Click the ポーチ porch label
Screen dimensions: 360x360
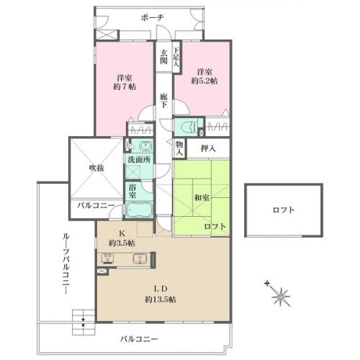[x=152, y=17]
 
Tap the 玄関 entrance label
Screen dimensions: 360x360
[x=163, y=57]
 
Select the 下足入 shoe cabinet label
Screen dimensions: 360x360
[x=176, y=57]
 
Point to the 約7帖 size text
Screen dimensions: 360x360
[x=125, y=86]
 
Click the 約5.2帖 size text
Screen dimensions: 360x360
[x=204, y=81]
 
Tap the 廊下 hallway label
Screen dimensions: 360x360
[x=163, y=101]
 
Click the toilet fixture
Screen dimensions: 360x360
[x=189, y=126]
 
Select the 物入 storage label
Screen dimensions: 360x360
[x=179, y=148]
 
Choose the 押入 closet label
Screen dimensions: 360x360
[x=208, y=148]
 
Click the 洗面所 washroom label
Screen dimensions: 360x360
[x=139, y=159]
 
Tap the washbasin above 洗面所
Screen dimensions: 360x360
[x=144, y=145]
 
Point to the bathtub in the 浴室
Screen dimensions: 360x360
[x=139, y=210]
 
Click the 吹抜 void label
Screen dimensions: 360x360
[x=96, y=168]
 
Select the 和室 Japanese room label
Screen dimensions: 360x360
[x=202, y=198]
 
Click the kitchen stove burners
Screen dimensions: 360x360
[x=108, y=258]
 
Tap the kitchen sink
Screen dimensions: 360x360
[x=140, y=258]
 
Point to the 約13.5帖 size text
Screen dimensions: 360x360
[x=161, y=300]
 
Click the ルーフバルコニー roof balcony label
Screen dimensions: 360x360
[x=66, y=263]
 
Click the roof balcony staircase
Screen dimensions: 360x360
[x=84, y=323]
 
